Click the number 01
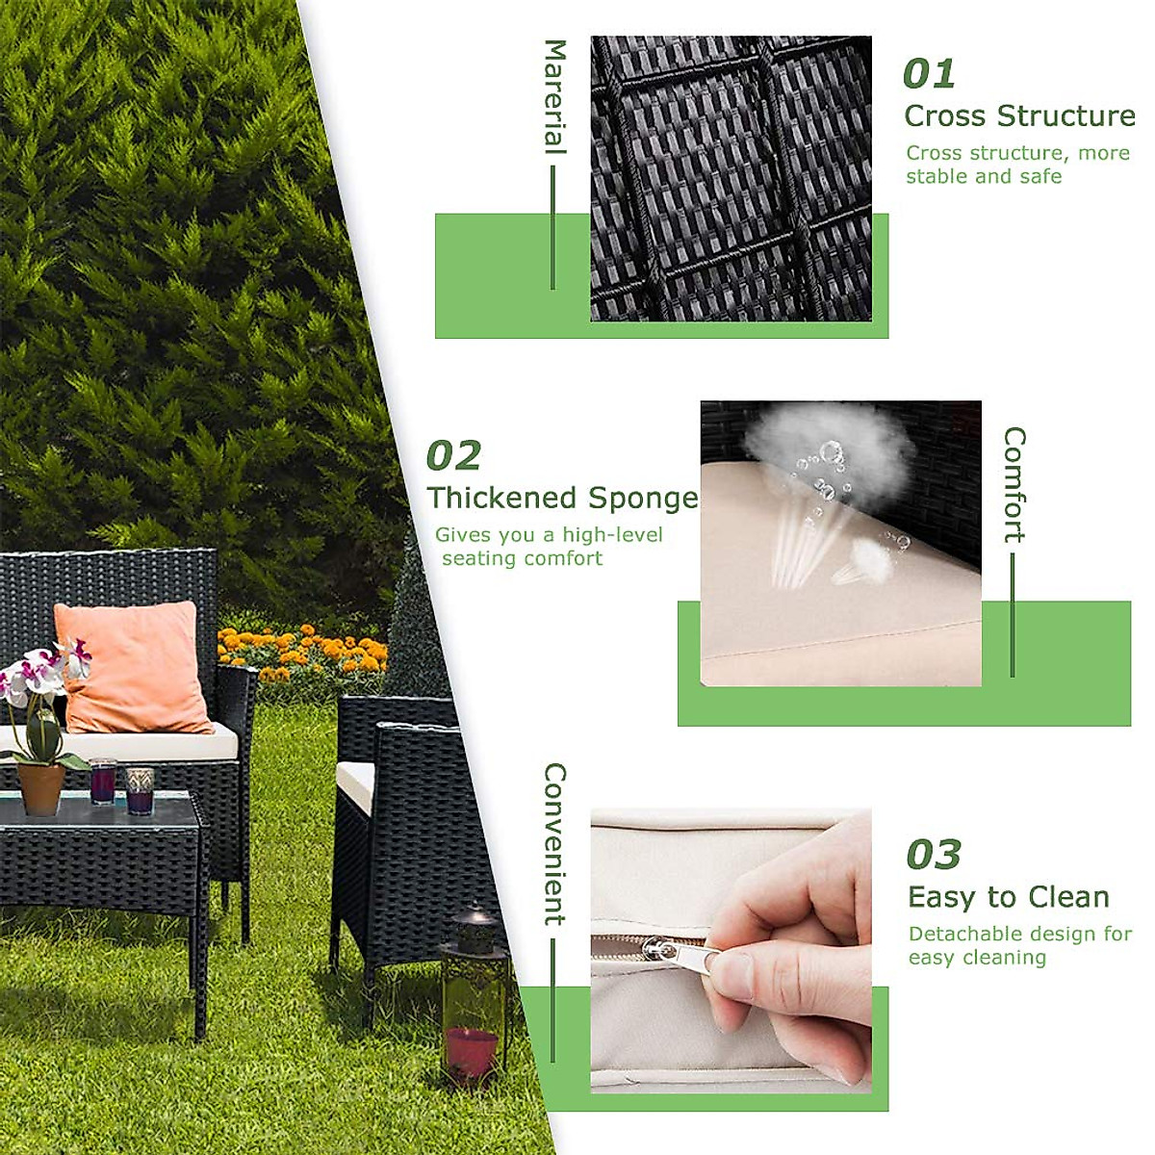928,74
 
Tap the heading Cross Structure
1019,115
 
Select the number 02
452,456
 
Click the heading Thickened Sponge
562,498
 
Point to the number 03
933,855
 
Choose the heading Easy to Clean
1008,897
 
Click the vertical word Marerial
555,96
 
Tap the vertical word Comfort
1014,484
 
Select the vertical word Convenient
555,844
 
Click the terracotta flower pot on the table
41,788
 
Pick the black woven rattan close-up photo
731,179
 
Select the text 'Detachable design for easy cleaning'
1018,945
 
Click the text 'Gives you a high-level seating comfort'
548,547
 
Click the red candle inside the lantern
472,1051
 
